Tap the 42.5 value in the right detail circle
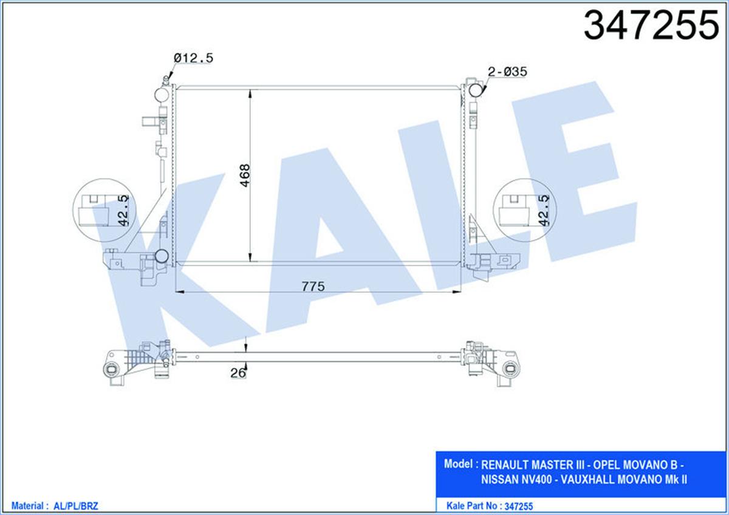pos(544,210)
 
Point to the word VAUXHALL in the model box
pos(587,480)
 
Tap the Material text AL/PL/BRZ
pos(80,505)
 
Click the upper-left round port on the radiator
pos(162,95)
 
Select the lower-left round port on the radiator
pos(162,256)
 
